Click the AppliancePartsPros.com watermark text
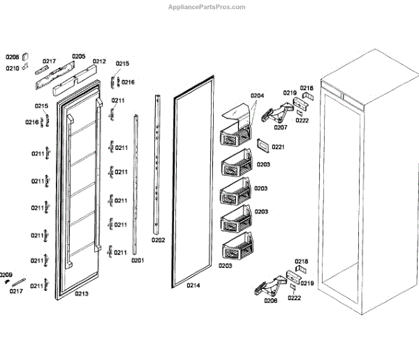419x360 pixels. pyautogui.click(x=207, y=7)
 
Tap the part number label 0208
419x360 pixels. pyautogui.click(x=13, y=56)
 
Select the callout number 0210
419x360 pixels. pyautogui.click(x=13, y=68)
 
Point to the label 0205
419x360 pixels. pyautogui.click(x=78, y=56)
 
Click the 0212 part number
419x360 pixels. pyautogui.click(x=99, y=61)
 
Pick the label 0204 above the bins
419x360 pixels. pyautogui.click(x=257, y=96)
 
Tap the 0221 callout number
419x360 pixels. pyautogui.click(x=279, y=147)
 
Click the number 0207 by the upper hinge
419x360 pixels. pyautogui.click(x=281, y=128)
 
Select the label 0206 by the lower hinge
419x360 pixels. pyautogui.click(x=270, y=301)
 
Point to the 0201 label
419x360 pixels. pyautogui.click(x=137, y=261)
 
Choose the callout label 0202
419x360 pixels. pyautogui.click(x=159, y=240)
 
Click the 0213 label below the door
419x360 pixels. pyautogui.click(x=81, y=294)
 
